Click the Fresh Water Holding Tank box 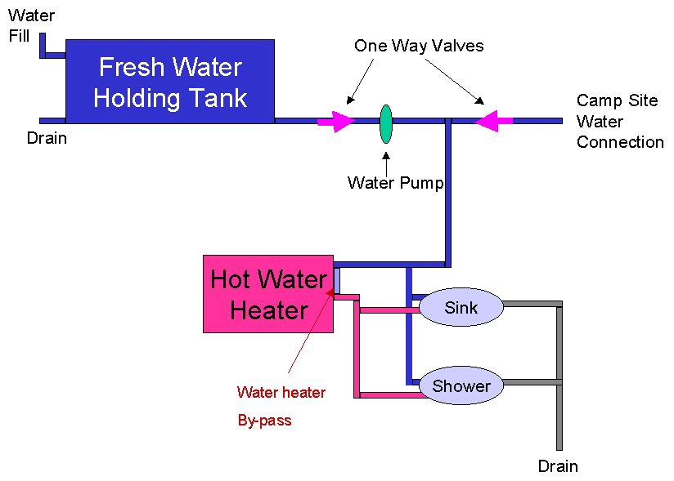(170, 82)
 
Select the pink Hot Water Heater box (268, 294)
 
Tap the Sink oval (461, 307)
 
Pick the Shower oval (461, 385)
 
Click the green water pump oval (386, 124)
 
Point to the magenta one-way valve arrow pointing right (336, 122)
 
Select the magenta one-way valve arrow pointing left (494, 121)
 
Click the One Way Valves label (419, 46)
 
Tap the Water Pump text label (395, 183)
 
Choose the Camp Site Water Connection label (620, 121)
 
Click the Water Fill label (31, 26)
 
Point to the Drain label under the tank (47, 138)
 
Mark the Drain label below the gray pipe (558, 466)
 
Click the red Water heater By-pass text (281, 406)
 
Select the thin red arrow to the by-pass (310, 332)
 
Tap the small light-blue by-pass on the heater (337, 281)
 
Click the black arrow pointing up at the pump (386, 164)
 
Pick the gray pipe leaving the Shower (532, 382)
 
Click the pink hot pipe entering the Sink (389, 310)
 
